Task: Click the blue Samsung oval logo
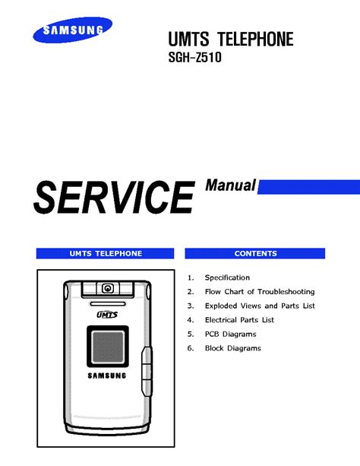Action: coord(73,30)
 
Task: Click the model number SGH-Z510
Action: coord(195,57)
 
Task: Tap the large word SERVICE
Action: coord(114,197)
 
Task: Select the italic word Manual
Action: coord(230,185)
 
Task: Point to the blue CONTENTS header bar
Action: coord(255,253)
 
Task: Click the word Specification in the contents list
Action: coord(227,277)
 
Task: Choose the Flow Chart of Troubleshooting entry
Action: coord(260,292)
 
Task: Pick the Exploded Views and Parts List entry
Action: coord(260,306)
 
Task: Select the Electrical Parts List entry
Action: coord(239,320)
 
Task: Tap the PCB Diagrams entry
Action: coord(230,334)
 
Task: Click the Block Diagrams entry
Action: coord(233,348)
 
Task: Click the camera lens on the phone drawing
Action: coord(108,288)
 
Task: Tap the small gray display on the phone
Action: coord(108,347)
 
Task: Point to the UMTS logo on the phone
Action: coord(107,315)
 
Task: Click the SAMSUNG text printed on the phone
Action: coord(107,376)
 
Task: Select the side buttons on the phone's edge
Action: coord(147,372)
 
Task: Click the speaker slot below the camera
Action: coord(108,304)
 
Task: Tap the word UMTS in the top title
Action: coord(188,39)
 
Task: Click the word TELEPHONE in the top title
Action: coord(255,39)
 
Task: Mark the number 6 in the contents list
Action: coord(191,348)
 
